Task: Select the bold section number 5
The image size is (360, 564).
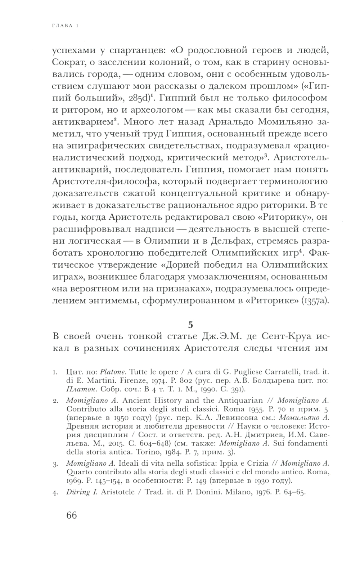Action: click(x=190, y=324)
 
